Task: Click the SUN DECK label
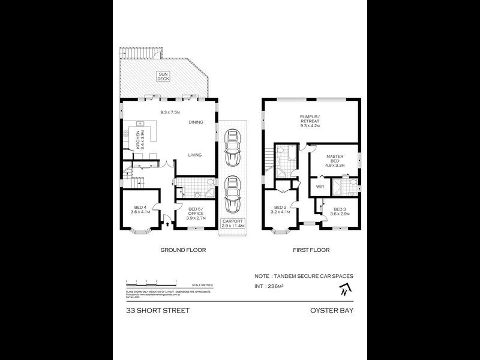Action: coord(163,76)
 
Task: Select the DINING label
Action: coord(196,122)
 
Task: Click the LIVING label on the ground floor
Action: coord(194,155)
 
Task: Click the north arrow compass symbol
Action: coord(343,291)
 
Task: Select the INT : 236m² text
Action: coord(276,287)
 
